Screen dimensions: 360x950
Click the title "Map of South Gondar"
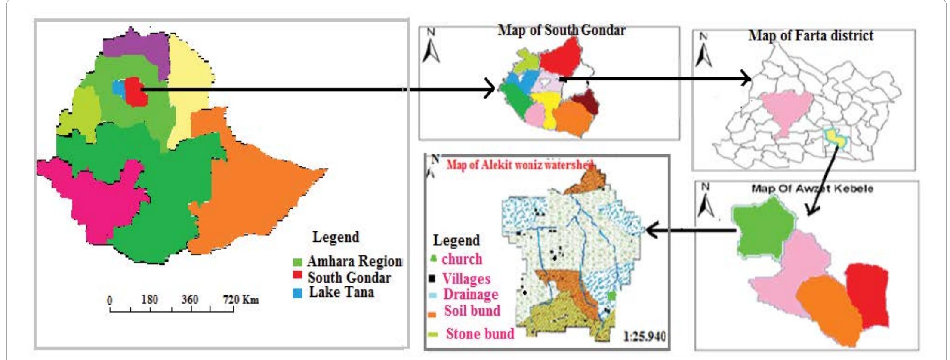[561, 31]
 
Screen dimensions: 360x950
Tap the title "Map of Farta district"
[811, 35]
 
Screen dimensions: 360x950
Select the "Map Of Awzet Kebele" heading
[812, 189]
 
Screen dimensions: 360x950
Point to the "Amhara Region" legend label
[355, 262]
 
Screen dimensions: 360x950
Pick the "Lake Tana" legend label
[342, 292]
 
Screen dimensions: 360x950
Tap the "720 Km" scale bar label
[241, 299]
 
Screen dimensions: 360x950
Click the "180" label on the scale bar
[149, 299]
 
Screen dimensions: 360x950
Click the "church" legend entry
[462, 259]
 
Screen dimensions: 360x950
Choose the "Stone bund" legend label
[480, 334]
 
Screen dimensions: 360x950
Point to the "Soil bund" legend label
[472, 311]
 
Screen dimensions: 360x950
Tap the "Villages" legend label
[466, 279]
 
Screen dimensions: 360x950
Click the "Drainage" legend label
[471, 295]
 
